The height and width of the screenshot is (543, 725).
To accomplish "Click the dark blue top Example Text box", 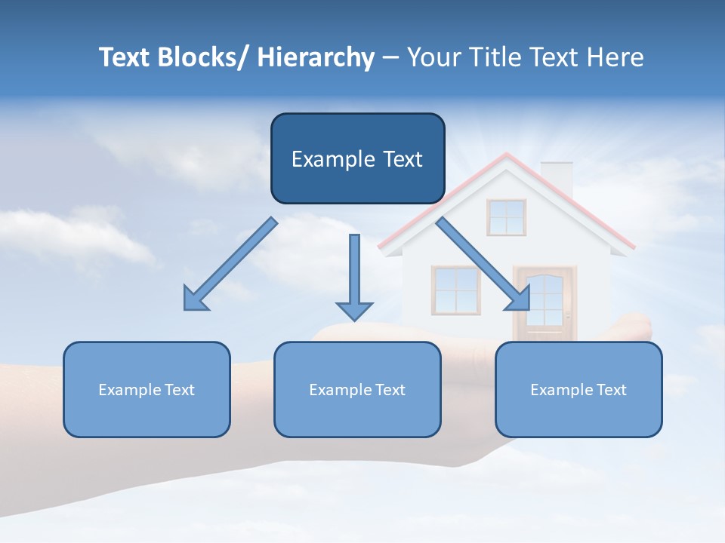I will (357, 158).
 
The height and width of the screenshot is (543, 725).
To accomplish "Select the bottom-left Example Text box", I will (147, 389).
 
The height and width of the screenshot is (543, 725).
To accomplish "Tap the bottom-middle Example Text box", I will (357, 389).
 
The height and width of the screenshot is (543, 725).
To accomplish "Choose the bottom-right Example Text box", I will (578, 389).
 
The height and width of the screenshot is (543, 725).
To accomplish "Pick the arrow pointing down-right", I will (484, 265).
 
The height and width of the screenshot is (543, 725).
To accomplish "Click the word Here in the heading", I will (613, 57).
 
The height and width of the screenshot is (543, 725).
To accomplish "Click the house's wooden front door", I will (544, 302).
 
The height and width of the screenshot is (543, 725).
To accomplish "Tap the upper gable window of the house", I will (506, 217).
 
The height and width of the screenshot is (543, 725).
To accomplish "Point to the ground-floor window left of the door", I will (455, 290).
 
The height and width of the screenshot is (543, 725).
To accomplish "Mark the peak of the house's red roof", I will (507, 155).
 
